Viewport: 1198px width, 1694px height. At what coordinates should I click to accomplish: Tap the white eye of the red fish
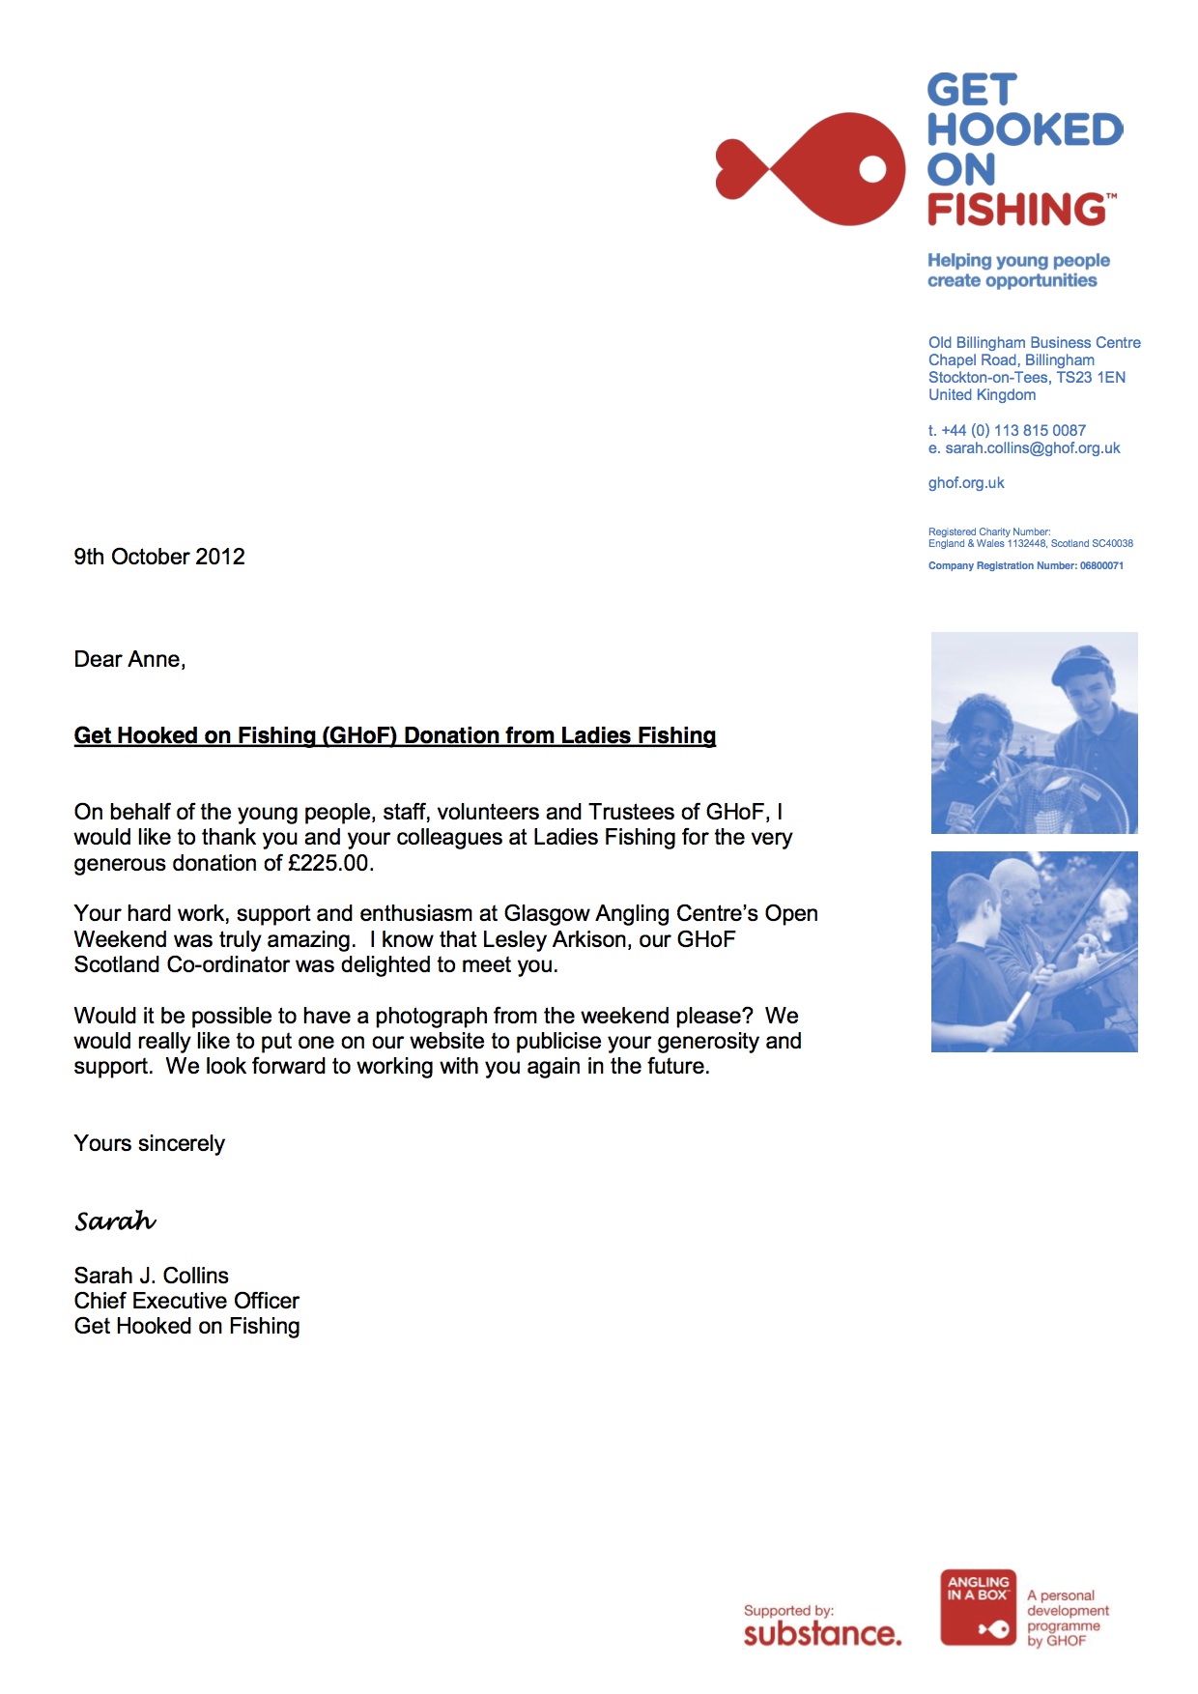click(872, 169)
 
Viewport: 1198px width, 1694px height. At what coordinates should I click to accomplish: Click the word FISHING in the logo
click(1016, 210)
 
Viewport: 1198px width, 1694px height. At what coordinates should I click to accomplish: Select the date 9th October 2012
click(159, 557)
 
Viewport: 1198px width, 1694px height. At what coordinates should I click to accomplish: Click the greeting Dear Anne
click(129, 659)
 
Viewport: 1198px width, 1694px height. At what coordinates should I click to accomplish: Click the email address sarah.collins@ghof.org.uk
click(1032, 448)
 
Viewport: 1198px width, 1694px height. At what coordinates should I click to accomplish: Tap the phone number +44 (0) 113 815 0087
click(1013, 430)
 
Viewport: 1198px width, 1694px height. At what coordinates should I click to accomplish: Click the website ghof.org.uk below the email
click(966, 483)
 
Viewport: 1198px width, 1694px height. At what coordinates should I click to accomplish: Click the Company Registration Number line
click(1025, 566)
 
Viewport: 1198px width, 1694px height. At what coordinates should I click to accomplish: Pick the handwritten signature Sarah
click(115, 1221)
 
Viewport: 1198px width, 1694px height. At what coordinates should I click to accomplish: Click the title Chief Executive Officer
click(186, 1301)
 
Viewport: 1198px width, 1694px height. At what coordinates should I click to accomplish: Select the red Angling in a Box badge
click(978, 1607)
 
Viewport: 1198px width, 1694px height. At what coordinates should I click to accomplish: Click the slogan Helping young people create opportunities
click(1017, 271)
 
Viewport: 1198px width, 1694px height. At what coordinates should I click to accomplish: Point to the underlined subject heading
click(394, 735)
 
